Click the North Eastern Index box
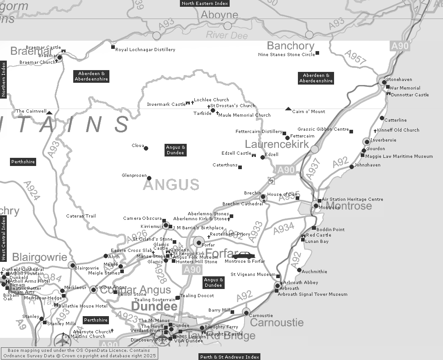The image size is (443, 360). click(205, 3)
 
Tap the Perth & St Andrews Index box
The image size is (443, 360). click(230, 357)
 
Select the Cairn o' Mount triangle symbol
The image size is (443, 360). click(288, 109)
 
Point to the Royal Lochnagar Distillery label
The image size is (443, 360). click(145, 50)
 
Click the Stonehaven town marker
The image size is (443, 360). click(384, 82)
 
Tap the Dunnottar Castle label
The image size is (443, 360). click(410, 95)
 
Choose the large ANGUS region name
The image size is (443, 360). click(171, 184)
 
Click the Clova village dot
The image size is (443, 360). click(146, 148)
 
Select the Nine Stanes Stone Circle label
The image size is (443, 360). click(286, 55)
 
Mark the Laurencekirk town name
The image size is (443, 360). click(277, 144)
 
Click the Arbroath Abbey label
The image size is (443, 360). click(301, 282)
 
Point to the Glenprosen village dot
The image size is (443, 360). click(149, 178)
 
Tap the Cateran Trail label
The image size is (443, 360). click(81, 216)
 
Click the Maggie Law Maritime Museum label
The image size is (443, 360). click(399, 156)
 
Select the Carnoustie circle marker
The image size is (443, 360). click(246, 312)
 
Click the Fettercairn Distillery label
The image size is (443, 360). click(259, 132)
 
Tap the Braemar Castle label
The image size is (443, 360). click(43, 47)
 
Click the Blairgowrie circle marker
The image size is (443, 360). click(72, 265)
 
